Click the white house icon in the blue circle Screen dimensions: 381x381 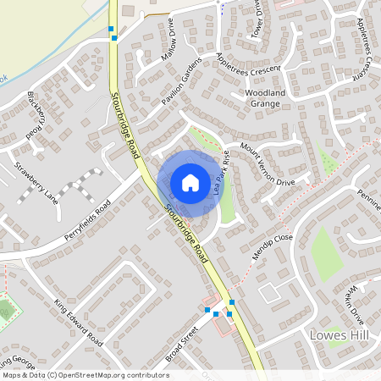[x=190, y=182]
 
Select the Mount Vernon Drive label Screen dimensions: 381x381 [x=267, y=164]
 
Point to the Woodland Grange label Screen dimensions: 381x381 [x=268, y=97]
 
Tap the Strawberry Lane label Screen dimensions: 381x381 [x=35, y=184]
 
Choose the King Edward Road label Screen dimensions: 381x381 [x=78, y=322]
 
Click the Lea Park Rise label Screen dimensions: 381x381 [x=223, y=174]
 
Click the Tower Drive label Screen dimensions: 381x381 [x=256, y=19]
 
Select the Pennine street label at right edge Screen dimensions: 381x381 [x=368, y=202]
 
